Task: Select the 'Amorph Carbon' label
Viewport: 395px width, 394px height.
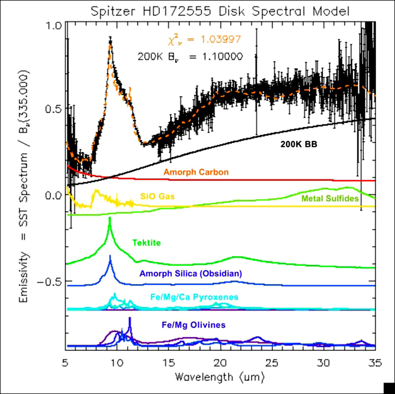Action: pos(196,172)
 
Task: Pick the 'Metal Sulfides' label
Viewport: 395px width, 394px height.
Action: pos(330,199)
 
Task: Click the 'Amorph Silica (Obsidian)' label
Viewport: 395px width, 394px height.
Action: pos(190,273)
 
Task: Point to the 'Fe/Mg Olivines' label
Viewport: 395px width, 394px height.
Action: pos(193,325)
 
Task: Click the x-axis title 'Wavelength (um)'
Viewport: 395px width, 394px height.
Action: pos(220,377)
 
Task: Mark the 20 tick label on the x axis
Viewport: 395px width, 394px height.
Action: pos(220,362)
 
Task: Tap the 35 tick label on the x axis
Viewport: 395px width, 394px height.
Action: pos(375,362)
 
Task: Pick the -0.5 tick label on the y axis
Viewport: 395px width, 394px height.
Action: pos(50,281)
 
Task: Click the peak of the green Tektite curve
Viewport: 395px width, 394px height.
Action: pos(110,218)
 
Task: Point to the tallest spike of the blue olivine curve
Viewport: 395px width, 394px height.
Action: pos(130,318)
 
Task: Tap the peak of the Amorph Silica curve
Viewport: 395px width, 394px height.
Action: pos(110,255)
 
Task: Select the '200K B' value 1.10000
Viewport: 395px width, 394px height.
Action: pos(222,56)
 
